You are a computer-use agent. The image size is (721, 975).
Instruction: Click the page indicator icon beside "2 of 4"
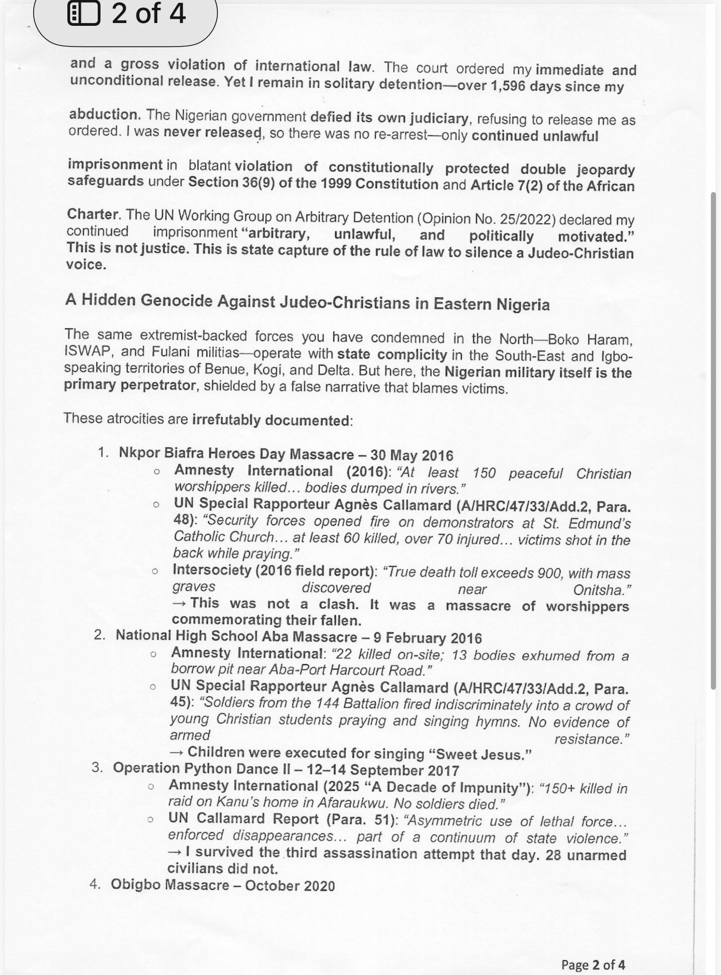[84, 14]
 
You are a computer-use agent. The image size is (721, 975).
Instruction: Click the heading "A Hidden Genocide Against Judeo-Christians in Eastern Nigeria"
[307, 302]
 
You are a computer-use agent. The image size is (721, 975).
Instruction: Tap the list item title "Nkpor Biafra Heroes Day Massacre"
[236, 454]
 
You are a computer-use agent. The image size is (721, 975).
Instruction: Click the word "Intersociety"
[212, 571]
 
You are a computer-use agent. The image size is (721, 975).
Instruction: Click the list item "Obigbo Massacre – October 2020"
[222, 886]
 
